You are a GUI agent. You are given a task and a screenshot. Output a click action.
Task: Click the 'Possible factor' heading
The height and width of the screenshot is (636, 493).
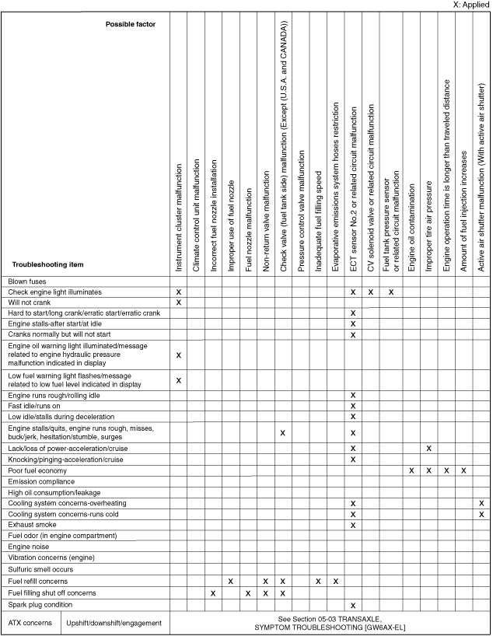(x=131, y=24)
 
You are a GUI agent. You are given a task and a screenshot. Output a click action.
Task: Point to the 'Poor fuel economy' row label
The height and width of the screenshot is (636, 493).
(x=37, y=470)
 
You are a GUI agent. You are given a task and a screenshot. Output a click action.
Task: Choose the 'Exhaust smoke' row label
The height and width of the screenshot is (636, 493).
(x=33, y=525)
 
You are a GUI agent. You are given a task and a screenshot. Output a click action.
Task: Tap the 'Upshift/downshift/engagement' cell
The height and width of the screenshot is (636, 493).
(x=114, y=623)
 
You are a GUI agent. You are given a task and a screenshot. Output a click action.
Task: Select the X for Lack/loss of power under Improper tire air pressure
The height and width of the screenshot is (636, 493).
(x=428, y=449)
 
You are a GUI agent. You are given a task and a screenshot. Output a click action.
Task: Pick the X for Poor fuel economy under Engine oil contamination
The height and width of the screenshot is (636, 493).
(x=411, y=470)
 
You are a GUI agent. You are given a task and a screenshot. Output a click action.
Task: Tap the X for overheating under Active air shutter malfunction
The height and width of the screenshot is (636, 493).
(x=481, y=503)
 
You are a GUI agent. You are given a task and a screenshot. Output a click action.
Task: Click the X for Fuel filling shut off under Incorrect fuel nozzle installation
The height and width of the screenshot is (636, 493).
(x=213, y=593)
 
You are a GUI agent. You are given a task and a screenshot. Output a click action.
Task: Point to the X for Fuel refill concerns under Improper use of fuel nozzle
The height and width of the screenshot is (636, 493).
(x=231, y=581)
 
